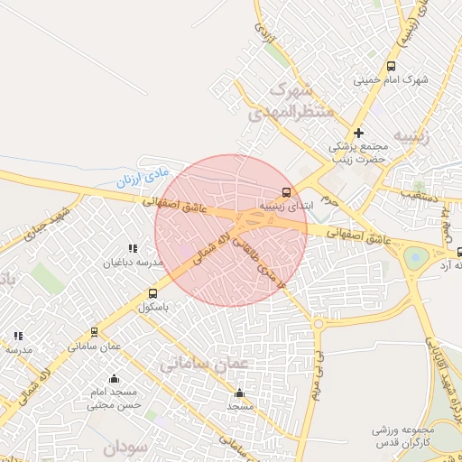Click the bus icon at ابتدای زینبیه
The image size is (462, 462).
tap(287, 192)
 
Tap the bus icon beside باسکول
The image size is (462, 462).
tap(152, 293)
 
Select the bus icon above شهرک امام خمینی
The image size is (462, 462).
tap(391, 66)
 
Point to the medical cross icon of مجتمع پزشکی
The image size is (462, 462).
tap(358, 133)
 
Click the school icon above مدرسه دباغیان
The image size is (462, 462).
tap(133, 248)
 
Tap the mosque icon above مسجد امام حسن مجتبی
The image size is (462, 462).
tap(114, 379)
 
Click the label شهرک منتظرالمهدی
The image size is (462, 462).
tap(301, 100)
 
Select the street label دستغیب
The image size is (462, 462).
tap(420, 194)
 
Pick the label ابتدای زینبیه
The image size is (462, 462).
tap(284, 206)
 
